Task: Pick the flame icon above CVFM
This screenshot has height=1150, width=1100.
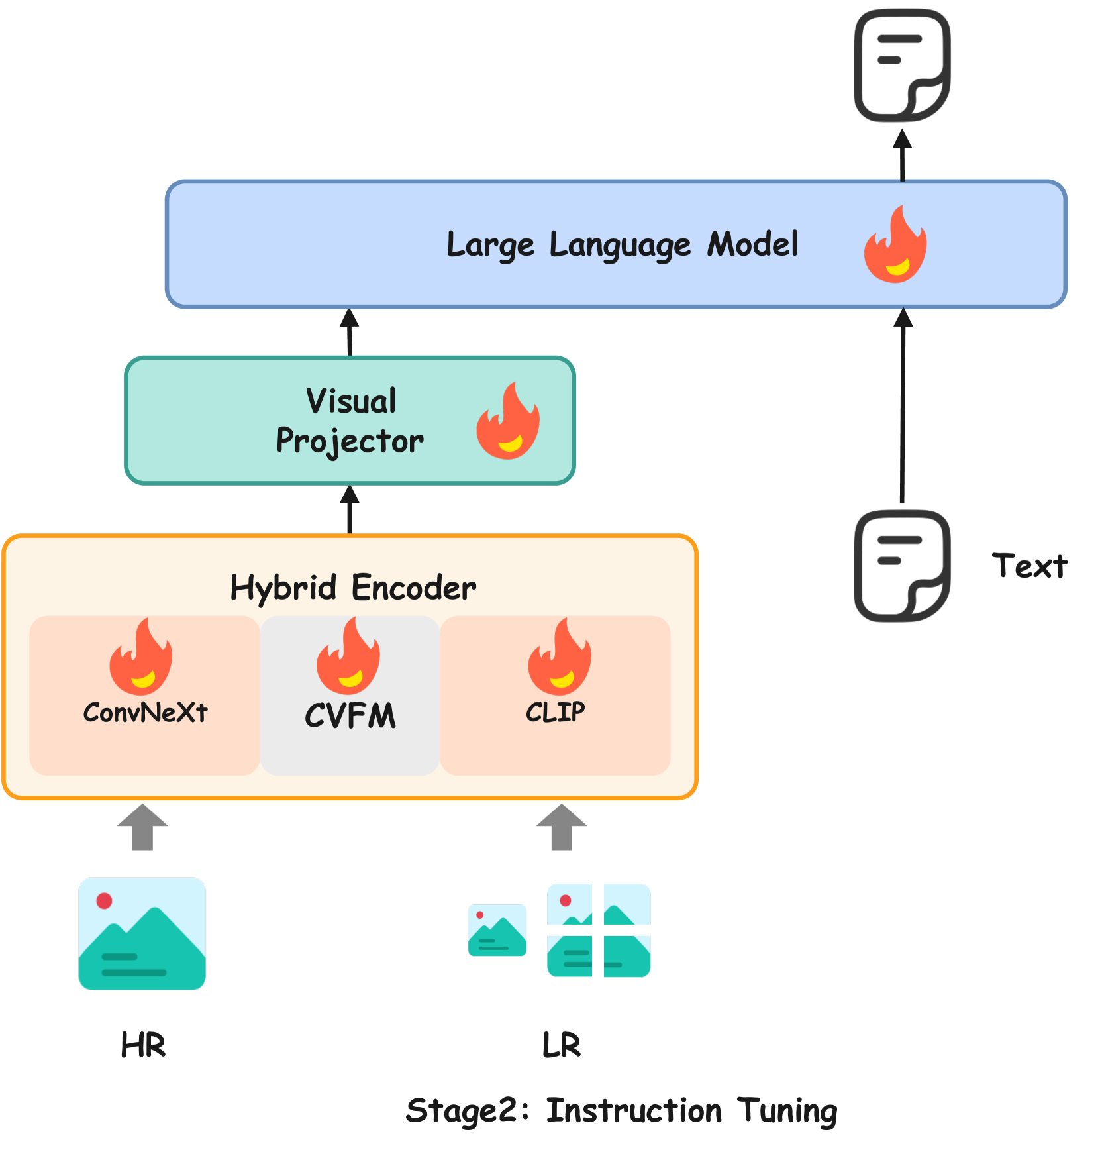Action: pos(348,657)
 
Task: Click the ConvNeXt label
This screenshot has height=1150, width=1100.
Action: pos(145,713)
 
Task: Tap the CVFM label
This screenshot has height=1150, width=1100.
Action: pos(350,716)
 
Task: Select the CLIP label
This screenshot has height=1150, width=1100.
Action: pos(555,712)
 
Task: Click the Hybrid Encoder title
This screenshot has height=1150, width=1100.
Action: pos(352,588)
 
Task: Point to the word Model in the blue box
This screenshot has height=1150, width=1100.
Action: pos(752,244)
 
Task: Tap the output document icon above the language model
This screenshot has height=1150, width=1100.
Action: pos(902,65)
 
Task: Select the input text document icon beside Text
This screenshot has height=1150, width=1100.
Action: pos(902,566)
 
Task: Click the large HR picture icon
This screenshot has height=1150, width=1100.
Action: pos(142,933)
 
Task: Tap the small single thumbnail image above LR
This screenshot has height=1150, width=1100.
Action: pos(497,930)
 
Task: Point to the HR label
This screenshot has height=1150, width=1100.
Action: pos(143,1045)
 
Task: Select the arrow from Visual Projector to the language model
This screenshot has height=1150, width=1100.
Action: pos(350,333)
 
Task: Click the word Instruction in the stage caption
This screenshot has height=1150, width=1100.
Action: pos(634,1111)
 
